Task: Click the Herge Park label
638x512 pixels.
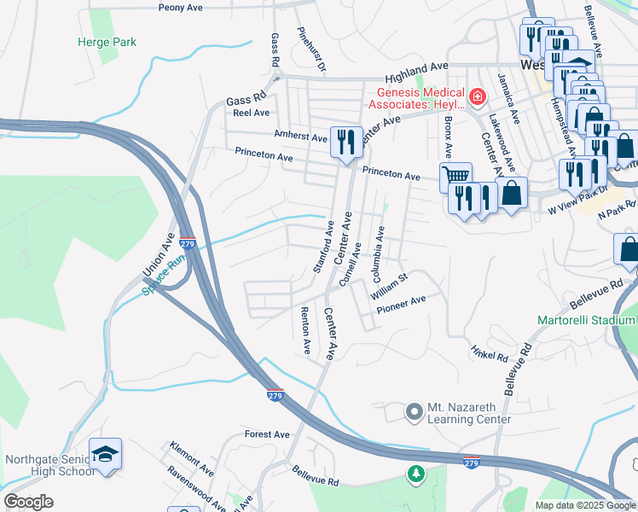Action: (x=107, y=42)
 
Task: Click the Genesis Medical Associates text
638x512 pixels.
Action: (x=416, y=98)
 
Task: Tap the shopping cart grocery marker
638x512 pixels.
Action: (x=456, y=177)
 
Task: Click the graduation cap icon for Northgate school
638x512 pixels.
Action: (x=105, y=454)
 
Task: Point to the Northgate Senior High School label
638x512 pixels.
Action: (x=49, y=465)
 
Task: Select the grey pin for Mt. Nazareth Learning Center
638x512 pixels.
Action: (x=415, y=412)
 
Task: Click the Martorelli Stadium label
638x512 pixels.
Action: (x=586, y=320)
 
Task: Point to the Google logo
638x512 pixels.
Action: (x=28, y=502)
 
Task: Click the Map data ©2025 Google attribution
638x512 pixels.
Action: (x=584, y=505)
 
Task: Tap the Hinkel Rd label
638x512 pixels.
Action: (x=489, y=352)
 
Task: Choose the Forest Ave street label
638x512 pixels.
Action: (x=267, y=434)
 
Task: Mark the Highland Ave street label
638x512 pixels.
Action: (x=416, y=67)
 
